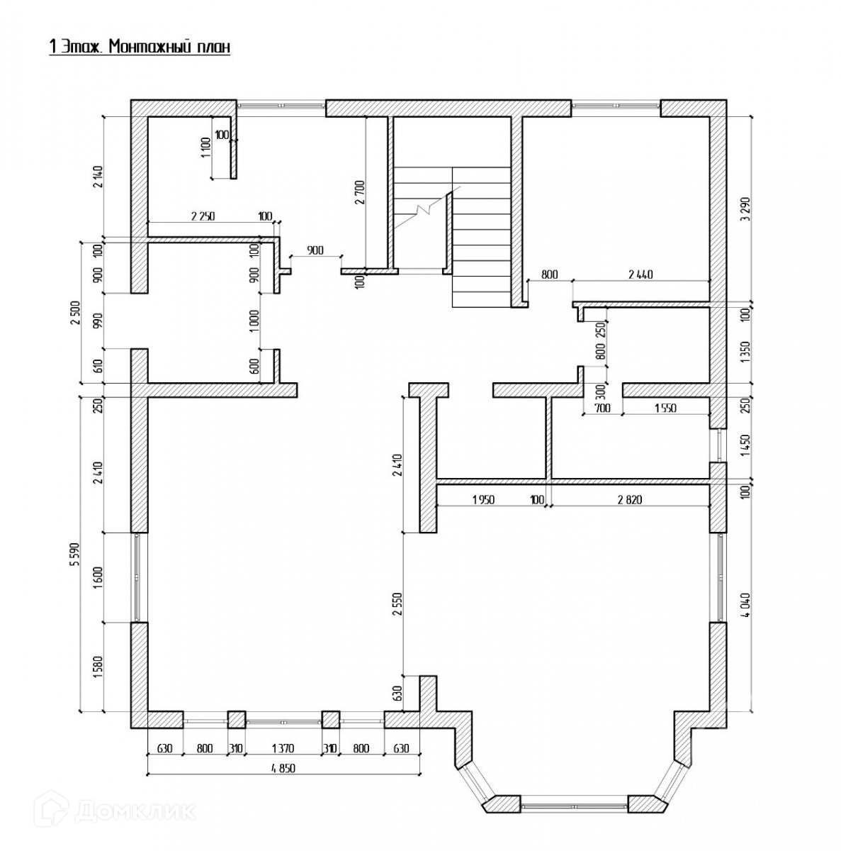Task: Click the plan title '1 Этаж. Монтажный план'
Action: pos(140,48)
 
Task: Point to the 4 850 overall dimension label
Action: pos(283,768)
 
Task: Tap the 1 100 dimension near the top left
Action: pos(206,149)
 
